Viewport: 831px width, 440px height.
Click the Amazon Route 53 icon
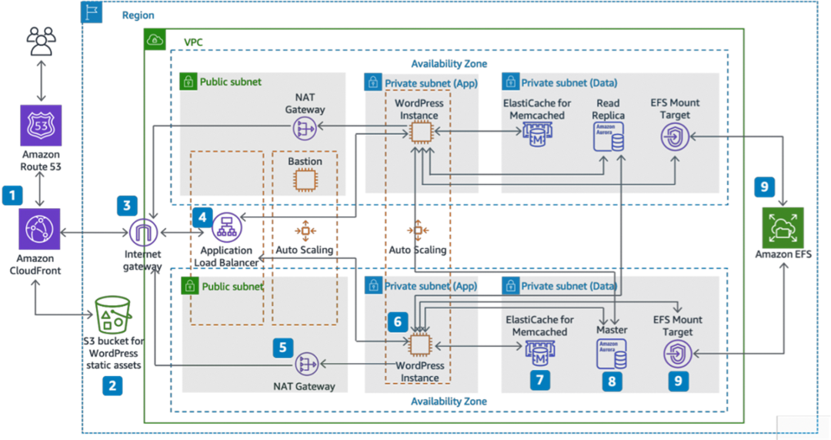point(41,126)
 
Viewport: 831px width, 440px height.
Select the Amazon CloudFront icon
point(39,229)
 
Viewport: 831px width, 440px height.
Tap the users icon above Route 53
point(42,41)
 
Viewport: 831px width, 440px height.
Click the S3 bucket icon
point(112,314)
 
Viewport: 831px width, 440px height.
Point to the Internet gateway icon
point(144,233)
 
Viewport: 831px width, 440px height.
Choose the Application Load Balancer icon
point(227,227)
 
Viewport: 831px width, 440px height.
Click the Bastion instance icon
point(305,180)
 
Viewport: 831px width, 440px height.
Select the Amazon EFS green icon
point(783,227)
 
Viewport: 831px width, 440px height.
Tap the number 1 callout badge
point(12,195)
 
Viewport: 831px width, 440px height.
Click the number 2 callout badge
point(112,385)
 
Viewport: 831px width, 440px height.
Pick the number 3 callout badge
point(127,206)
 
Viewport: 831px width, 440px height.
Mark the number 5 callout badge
point(282,348)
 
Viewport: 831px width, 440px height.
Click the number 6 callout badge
point(398,321)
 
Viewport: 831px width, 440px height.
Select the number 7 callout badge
point(540,380)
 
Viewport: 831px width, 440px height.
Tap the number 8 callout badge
point(612,381)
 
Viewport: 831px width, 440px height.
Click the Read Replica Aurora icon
point(609,137)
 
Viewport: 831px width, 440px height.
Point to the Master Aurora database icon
point(612,354)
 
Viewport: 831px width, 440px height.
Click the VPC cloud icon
point(155,39)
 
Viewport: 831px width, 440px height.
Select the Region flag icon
point(91,12)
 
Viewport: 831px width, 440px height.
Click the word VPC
point(193,42)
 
